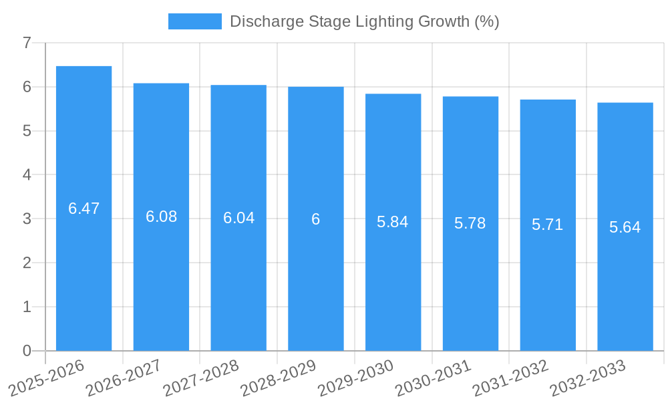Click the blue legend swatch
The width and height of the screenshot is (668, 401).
pos(194,21)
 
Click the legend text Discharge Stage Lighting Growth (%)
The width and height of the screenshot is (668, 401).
pos(364,21)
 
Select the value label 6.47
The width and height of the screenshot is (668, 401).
pos(83,209)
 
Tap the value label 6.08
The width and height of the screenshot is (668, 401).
pos(161,217)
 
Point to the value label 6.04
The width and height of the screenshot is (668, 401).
pos(238,218)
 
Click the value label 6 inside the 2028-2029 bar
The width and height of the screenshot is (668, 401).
pos(315,219)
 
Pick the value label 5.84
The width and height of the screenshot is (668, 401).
pos(393,223)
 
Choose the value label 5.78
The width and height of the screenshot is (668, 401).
pos(470,224)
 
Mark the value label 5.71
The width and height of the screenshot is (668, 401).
pos(548,225)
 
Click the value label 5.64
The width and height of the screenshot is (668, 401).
pos(625,227)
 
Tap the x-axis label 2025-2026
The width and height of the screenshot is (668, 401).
pos(47,377)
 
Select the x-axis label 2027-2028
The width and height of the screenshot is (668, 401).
pos(202,377)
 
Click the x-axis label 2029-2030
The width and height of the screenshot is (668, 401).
pos(356,377)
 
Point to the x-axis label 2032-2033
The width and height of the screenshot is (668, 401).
pos(588,377)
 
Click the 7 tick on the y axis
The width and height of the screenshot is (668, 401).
pos(27,43)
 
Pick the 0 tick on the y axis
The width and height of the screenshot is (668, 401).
pos(27,351)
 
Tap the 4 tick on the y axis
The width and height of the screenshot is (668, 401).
pos(27,175)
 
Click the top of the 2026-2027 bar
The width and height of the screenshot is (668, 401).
pos(161,84)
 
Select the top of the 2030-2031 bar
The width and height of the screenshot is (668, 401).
pos(470,97)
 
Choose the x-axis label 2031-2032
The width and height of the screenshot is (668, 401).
pos(511,377)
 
